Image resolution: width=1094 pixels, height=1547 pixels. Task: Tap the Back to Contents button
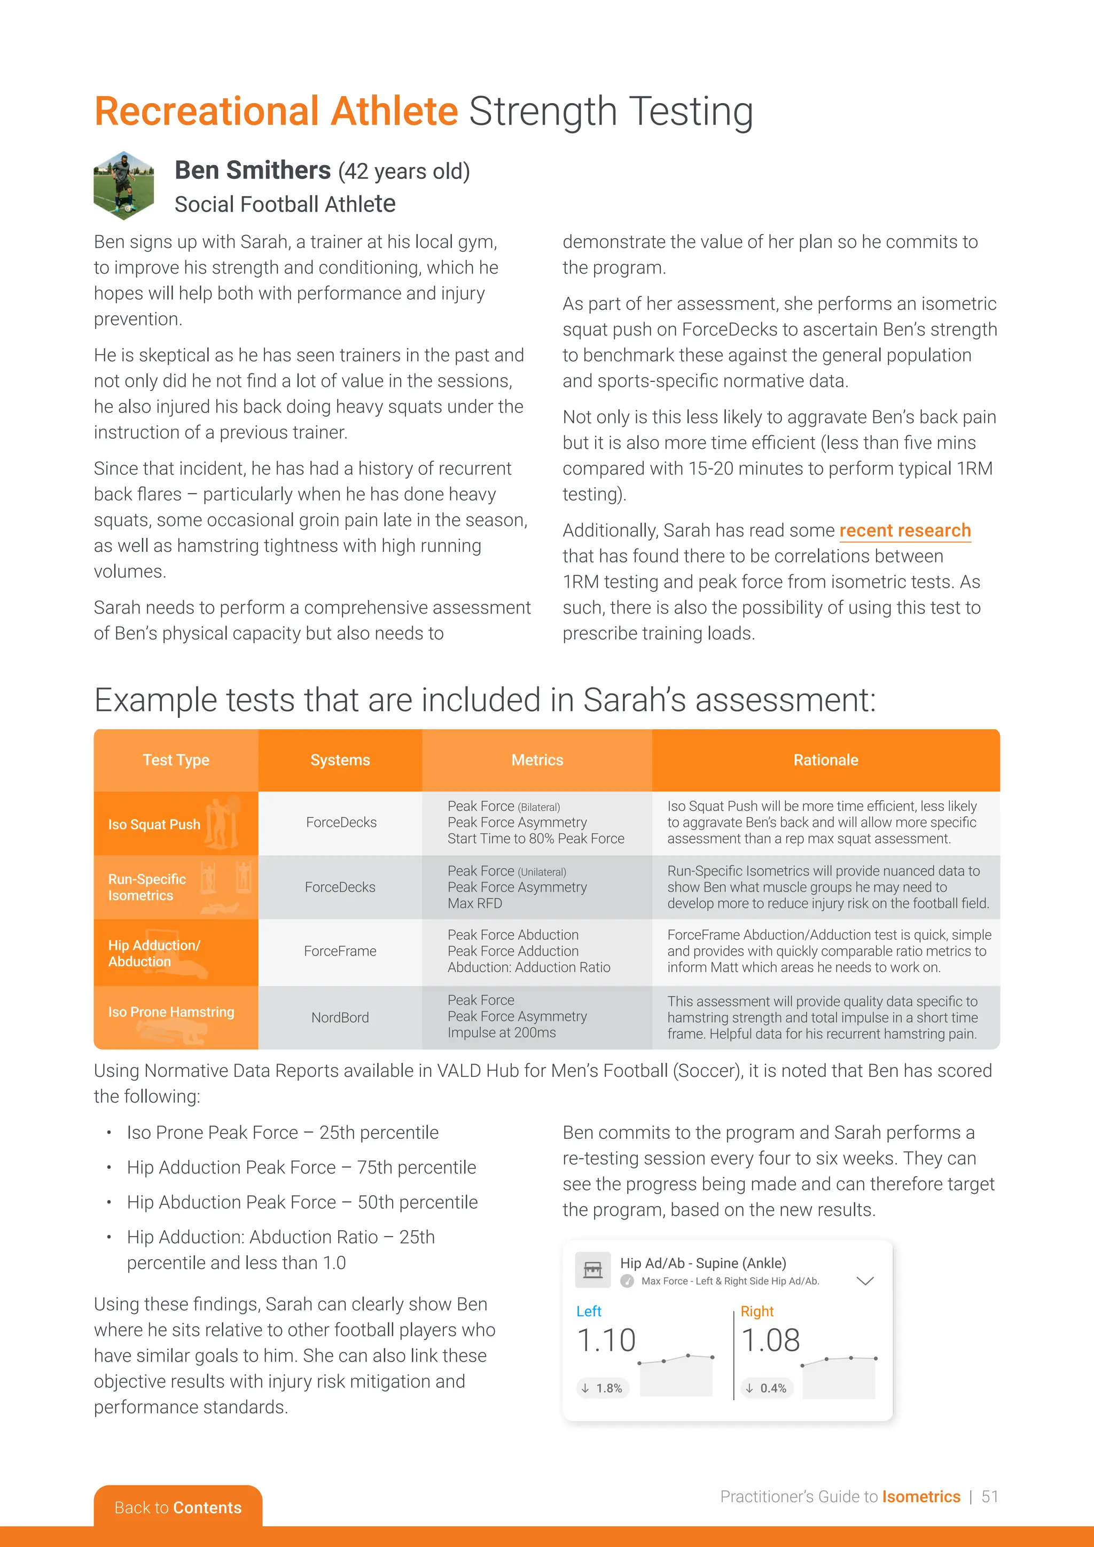178,1507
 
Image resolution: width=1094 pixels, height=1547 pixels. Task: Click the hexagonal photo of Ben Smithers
124,186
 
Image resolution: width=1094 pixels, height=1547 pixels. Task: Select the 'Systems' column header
340,760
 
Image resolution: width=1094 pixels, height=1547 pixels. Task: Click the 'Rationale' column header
825,760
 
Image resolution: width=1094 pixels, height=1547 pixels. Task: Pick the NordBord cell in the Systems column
340,1018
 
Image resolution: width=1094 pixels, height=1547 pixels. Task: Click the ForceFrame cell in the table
340,951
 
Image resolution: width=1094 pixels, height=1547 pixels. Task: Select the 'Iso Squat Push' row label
154,824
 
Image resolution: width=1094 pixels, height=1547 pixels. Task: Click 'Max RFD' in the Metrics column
475,903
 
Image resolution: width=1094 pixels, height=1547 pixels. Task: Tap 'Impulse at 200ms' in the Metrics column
502,1032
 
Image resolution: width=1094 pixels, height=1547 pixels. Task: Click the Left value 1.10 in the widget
606,1340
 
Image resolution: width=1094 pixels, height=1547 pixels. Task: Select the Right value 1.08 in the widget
771,1340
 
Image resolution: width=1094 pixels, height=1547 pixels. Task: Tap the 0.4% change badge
767,1388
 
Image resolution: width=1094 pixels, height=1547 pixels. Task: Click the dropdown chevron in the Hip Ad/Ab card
864,1280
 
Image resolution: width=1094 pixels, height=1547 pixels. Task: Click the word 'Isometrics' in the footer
921,1496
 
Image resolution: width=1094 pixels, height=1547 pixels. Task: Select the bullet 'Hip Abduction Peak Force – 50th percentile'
302,1202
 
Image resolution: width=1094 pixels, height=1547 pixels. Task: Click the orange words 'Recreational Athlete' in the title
276,111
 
